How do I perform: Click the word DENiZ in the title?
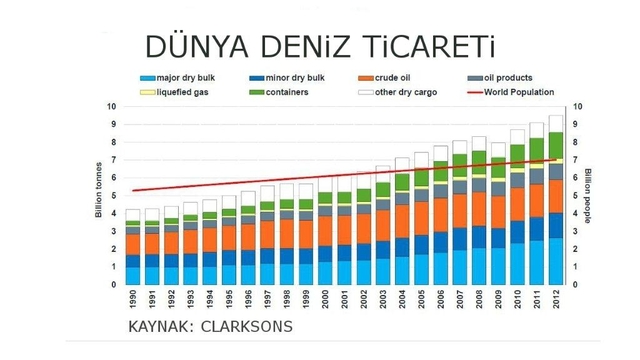pyautogui.click(x=305, y=47)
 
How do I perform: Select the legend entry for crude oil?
pyautogui.click(x=384, y=78)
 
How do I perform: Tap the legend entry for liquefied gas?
pyautogui.click(x=174, y=92)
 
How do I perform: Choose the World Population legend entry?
pyautogui.click(x=511, y=92)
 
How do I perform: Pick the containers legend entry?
pyautogui.click(x=279, y=92)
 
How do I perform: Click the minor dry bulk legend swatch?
pyautogui.click(x=257, y=78)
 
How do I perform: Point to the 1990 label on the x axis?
pyautogui.click(x=133, y=299)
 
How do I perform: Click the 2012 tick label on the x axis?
pyautogui.click(x=556, y=299)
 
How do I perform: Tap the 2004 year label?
pyautogui.click(x=402, y=299)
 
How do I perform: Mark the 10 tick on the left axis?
pyautogui.click(x=111, y=107)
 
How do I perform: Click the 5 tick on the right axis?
pyautogui.click(x=576, y=196)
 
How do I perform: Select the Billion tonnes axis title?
pyautogui.click(x=98, y=190)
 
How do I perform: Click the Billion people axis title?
pyautogui.click(x=588, y=196)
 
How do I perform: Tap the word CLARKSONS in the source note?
pyautogui.click(x=247, y=327)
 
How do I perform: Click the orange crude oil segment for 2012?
pyautogui.click(x=556, y=196)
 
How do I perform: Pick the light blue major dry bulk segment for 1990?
pyautogui.click(x=133, y=276)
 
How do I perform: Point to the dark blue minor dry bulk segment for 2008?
pyautogui.click(x=479, y=237)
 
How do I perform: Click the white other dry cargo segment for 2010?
pyautogui.click(x=518, y=137)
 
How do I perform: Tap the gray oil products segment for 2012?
pyautogui.click(x=556, y=172)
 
